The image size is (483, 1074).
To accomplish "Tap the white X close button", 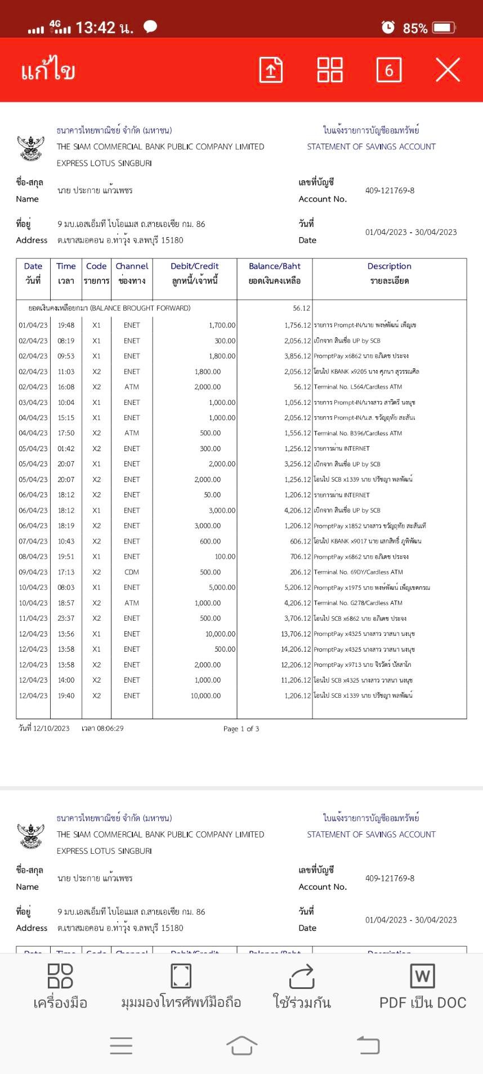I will (x=448, y=70).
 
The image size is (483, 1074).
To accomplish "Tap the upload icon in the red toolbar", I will (x=271, y=70).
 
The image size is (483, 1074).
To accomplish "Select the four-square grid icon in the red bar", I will (x=330, y=70).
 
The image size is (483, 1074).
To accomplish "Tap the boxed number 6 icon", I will (x=388, y=70).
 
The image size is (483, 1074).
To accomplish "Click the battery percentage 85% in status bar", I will (x=415, y=28).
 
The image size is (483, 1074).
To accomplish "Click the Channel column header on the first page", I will (x=132, y=266).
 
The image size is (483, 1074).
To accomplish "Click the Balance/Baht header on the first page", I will (x=275, y=266).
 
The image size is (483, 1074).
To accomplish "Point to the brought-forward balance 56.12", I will (x=301, y=308).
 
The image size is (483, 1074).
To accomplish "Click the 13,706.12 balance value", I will (x=296, y=634).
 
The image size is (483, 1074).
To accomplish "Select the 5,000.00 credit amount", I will (x=222, y=587).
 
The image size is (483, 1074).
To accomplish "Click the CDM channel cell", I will (x=132, y=572).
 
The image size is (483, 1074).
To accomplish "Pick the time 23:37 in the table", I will (x=66, y=618).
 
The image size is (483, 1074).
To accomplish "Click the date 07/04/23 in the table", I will (x=33, y=541).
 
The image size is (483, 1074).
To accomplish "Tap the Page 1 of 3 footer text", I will (x=241, y=729).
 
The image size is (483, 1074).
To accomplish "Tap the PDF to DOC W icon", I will (x=422, y=977).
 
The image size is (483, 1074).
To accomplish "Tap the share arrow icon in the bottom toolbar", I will (x=302, y=977).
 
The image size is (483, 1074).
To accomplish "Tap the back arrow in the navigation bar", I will (x=368, y=1045).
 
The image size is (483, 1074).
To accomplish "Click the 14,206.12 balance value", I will (x=296, y=649).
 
